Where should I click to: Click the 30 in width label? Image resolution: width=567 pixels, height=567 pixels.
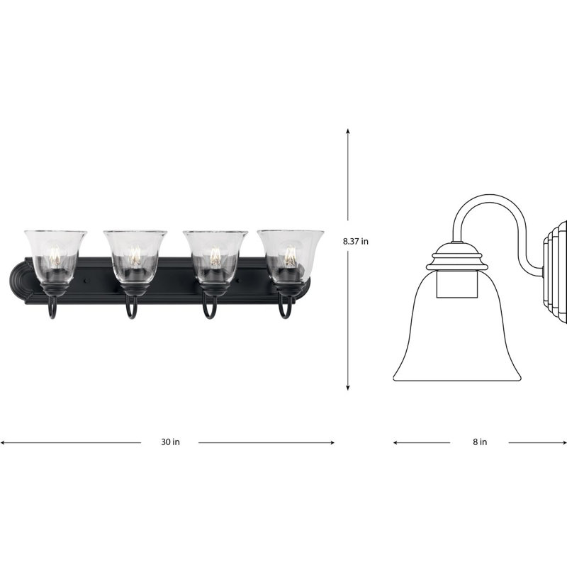point(170,442)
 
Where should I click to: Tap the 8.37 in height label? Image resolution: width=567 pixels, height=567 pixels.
point(356,241)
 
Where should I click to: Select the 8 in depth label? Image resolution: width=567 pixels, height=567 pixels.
point(480,442)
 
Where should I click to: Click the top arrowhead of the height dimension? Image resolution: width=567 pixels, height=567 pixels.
point(348,131)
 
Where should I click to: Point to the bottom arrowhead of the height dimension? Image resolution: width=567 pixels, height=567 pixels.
point(348,388)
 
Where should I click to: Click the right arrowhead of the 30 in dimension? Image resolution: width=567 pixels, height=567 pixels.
point(332,442)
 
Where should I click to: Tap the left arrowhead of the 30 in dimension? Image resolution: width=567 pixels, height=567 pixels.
point(3,442)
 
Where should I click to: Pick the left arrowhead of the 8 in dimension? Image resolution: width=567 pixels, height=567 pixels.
point(396,442)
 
